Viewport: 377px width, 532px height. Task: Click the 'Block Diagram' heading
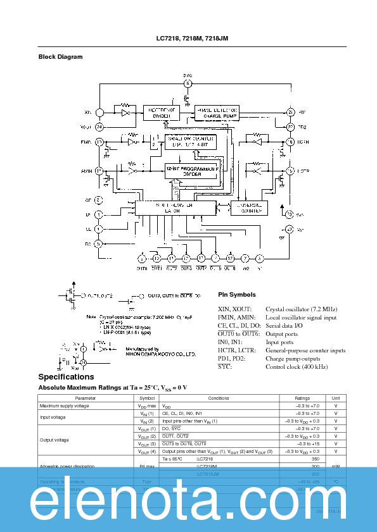click(61, 57)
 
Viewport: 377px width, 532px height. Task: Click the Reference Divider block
click(161, 112)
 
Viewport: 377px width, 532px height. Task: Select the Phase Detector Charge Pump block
click(217, 112)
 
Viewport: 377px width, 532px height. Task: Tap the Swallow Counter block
click(191, 141)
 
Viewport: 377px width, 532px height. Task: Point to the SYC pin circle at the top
click(188, 84)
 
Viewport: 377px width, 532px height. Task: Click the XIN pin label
click(88, 112)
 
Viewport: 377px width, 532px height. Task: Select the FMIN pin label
click(87, 142)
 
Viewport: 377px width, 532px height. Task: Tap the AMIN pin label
click(87, 171)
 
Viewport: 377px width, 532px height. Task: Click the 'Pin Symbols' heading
click(237, 294)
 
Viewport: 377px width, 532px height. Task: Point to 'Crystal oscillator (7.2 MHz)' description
click(301, 309)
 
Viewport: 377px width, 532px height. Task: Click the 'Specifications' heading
click(67, 377)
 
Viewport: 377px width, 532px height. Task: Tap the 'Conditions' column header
click(219, 398)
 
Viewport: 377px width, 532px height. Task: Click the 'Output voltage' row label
click(54, 440)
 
